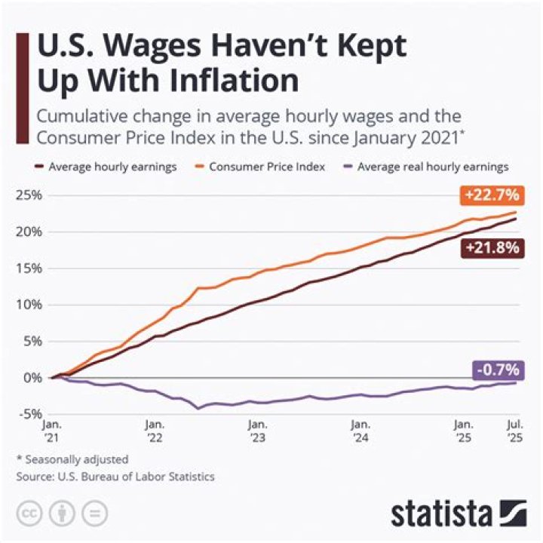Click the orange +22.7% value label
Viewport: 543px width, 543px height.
point(492,195)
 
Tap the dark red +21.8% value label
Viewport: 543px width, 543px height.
point(492,248)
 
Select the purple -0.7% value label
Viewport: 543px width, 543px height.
point(497,370)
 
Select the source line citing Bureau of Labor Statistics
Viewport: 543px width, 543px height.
point(115,476)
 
